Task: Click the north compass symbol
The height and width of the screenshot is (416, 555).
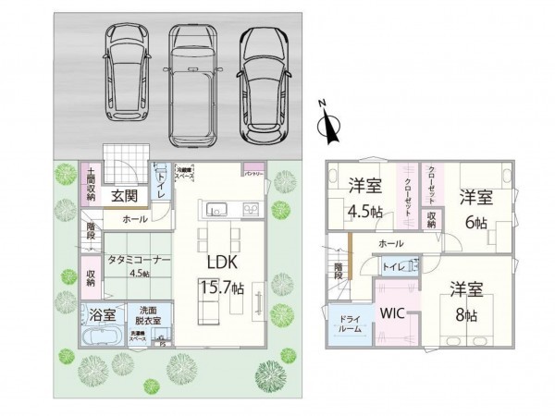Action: pos(326,127)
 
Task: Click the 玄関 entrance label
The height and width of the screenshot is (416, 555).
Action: pos(126,196)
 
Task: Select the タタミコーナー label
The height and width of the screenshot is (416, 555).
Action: pos(138,261)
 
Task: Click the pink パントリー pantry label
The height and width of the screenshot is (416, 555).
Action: pos(254,171)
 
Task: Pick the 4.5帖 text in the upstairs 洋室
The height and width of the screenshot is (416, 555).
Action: pos(365,211)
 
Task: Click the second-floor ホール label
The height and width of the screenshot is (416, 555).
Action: pos(389,242)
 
